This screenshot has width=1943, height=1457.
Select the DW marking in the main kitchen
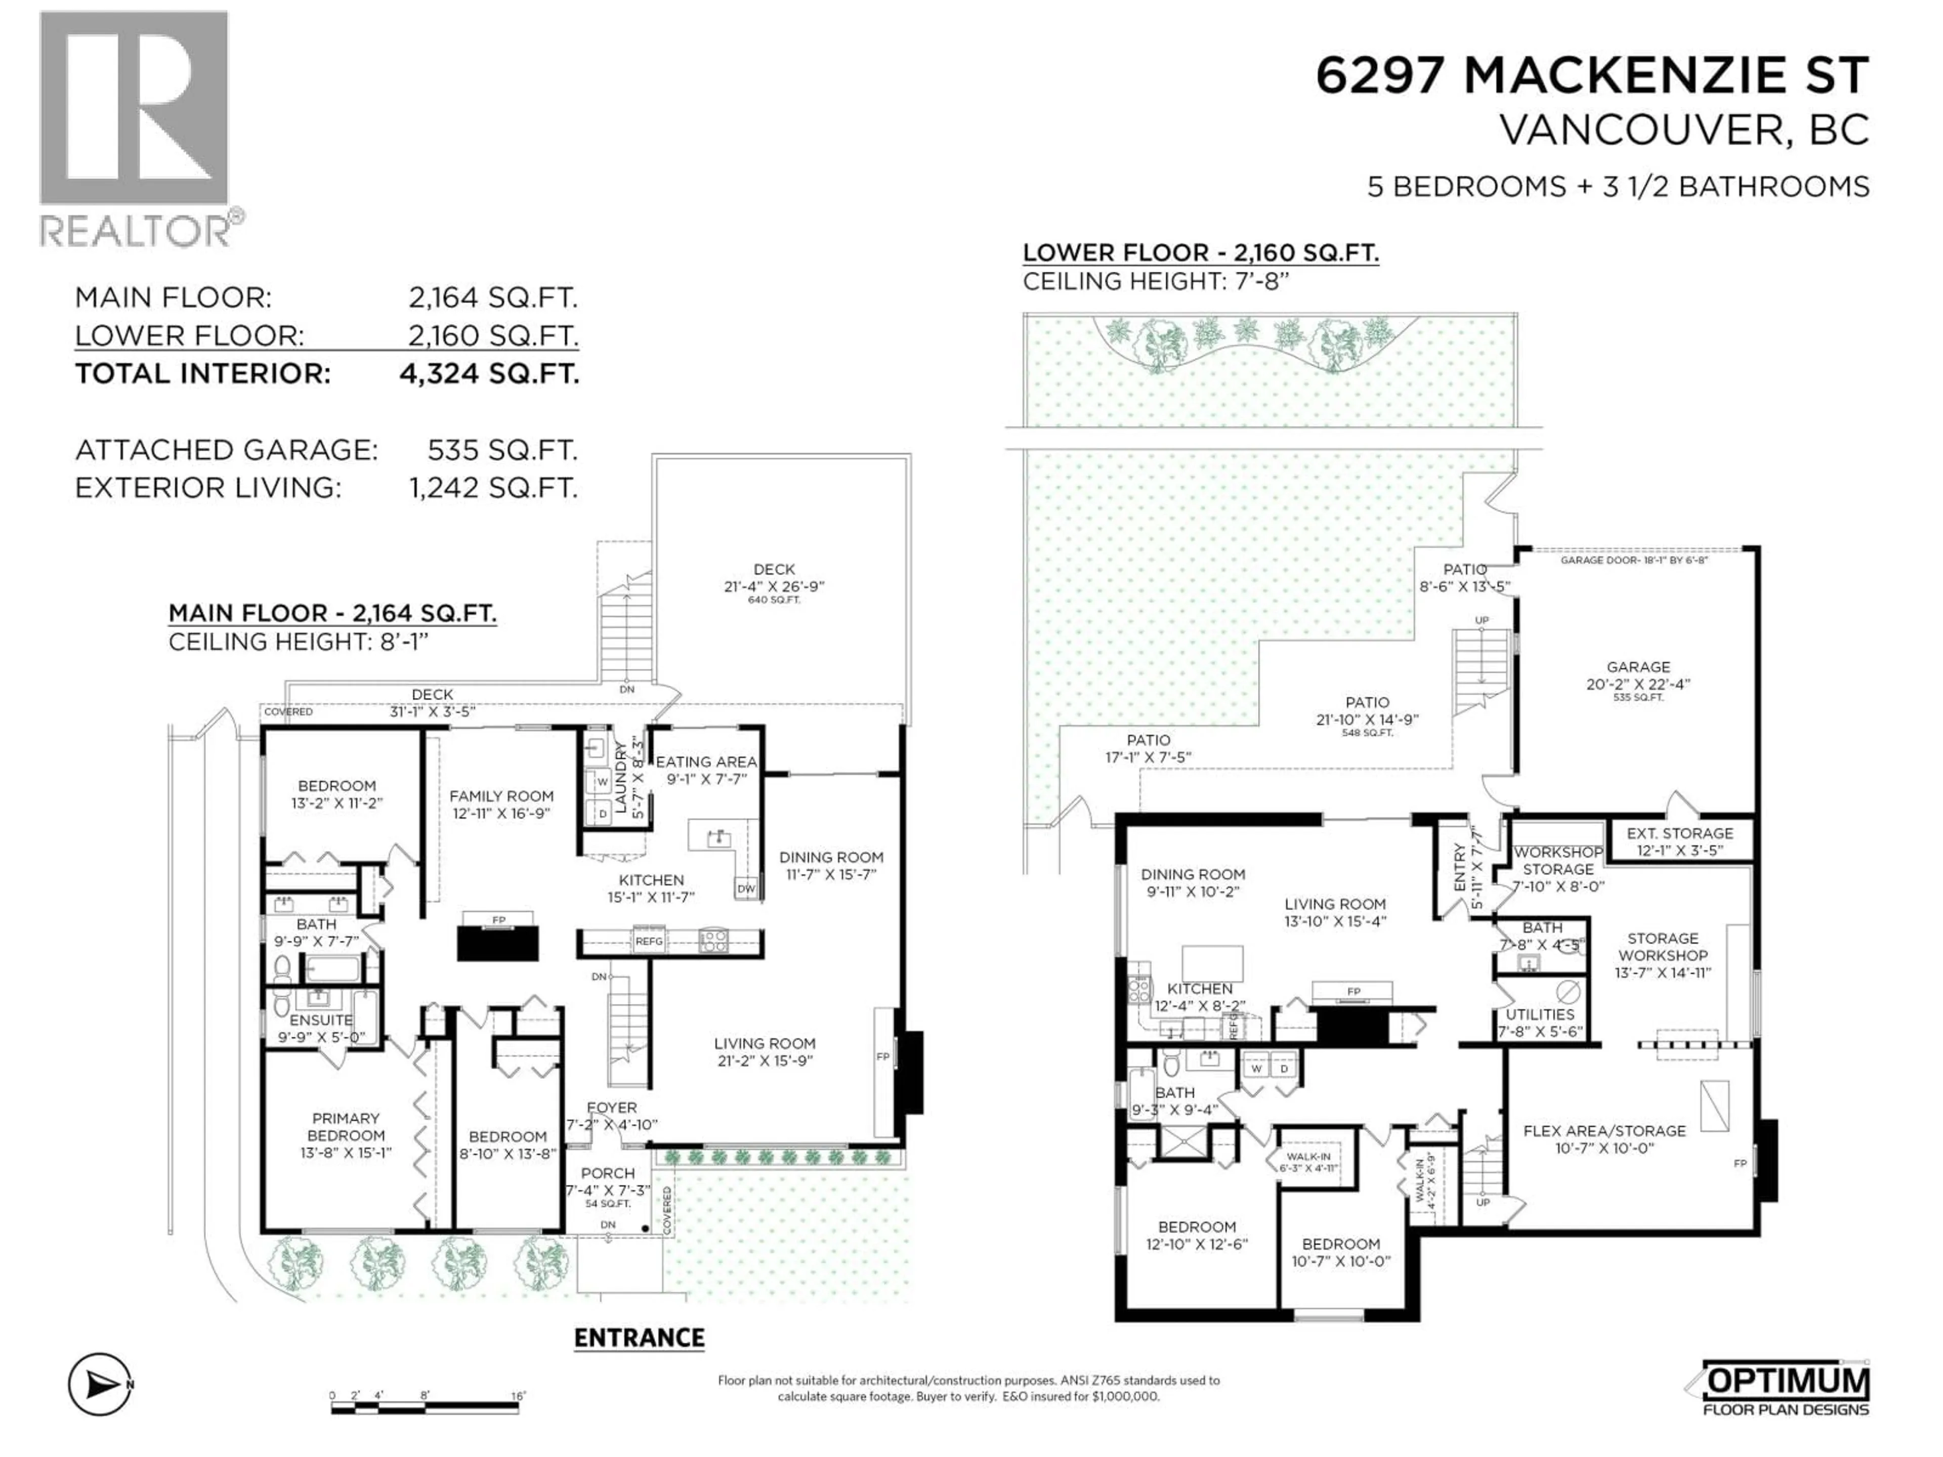click(x=746, y=889)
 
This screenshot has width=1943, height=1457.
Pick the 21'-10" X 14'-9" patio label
click(x=1367, y=711)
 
